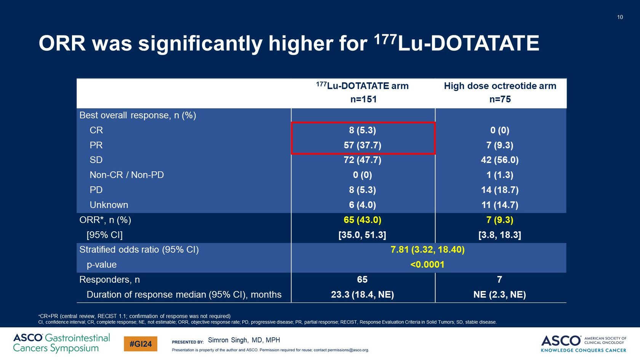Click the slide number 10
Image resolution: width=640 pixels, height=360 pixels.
620,17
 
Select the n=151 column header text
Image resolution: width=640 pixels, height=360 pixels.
363,99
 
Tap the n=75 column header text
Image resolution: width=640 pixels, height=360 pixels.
500,99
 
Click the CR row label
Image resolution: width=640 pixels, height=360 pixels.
96,130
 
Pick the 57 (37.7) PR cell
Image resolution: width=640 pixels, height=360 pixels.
362,145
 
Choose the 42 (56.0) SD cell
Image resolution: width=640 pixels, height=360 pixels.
500,160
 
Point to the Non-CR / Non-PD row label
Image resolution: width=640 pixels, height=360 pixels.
126,175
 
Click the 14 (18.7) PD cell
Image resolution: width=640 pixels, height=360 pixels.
500,190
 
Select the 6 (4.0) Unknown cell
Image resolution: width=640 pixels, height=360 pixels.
362,205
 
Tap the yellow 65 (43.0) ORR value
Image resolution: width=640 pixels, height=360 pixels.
362,220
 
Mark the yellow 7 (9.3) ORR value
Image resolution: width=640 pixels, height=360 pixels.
500,220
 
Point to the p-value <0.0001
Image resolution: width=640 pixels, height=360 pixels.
427,265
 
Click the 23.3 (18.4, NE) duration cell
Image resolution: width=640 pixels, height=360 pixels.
362,294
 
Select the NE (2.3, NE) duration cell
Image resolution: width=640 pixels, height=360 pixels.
500,294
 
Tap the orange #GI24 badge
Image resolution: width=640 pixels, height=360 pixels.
141,344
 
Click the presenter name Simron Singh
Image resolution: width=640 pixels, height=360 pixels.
244,340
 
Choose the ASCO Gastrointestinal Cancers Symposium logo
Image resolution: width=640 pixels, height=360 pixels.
61,343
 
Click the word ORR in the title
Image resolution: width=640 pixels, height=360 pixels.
62,43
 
